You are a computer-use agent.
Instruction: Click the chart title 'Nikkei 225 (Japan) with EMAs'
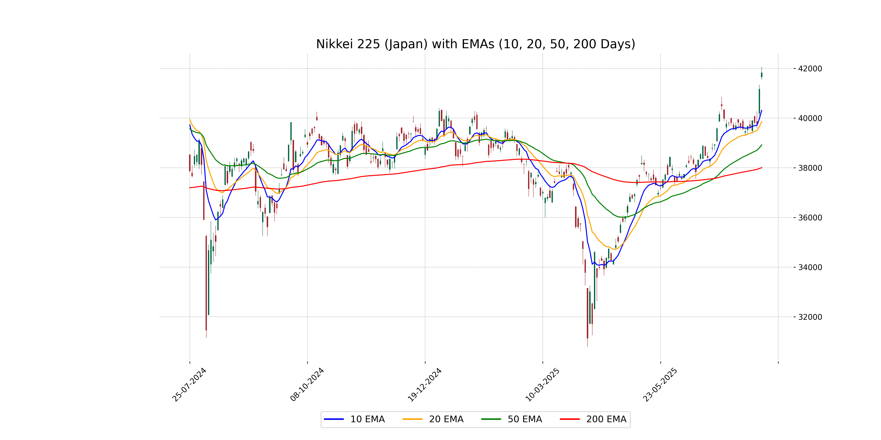point(475,44)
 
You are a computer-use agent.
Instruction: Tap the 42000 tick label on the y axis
point(810,69)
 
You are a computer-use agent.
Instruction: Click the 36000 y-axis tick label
point(810,218)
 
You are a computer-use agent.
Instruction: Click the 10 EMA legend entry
point(354,419)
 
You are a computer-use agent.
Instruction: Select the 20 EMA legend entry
point(433,419)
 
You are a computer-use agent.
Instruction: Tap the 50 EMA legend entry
point(512,419)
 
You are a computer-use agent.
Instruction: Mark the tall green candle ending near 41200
point(759,101)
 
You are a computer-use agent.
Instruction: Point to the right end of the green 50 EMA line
point(762,145)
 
